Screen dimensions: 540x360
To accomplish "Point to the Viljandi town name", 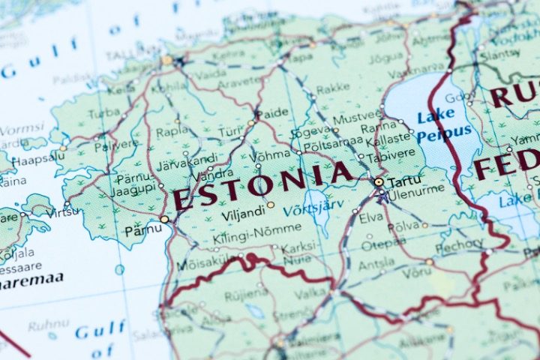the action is [x=243, y=214].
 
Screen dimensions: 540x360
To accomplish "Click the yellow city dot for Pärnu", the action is [x=165, y=219].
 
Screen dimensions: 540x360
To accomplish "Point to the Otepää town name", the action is [x=378, y=245].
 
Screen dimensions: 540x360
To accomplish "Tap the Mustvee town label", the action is [x=346, y=118].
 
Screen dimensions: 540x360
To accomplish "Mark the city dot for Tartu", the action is [x=379, y=181].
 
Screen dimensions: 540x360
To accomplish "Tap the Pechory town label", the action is [x=459, y=244].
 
